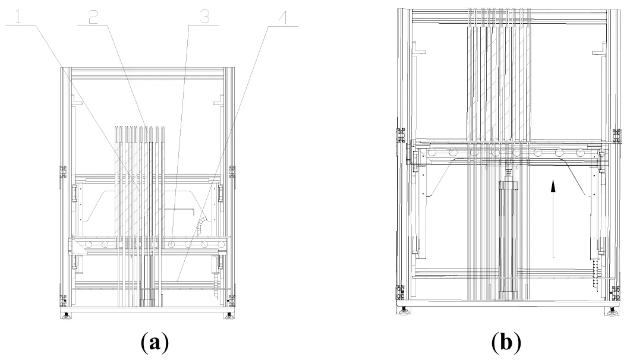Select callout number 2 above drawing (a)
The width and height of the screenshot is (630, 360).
[x=92, y=18]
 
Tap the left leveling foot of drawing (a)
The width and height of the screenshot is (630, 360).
[x=66, y=315]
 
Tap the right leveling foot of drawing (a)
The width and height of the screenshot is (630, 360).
[x=228, y=315]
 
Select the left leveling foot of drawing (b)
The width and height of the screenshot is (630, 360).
[x=405, y=309]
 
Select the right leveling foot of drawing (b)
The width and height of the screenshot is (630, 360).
[x=612, y=309]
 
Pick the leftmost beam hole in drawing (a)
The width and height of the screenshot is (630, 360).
[x=89, y=244]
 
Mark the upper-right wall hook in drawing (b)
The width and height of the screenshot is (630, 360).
[x=597, y=51]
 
